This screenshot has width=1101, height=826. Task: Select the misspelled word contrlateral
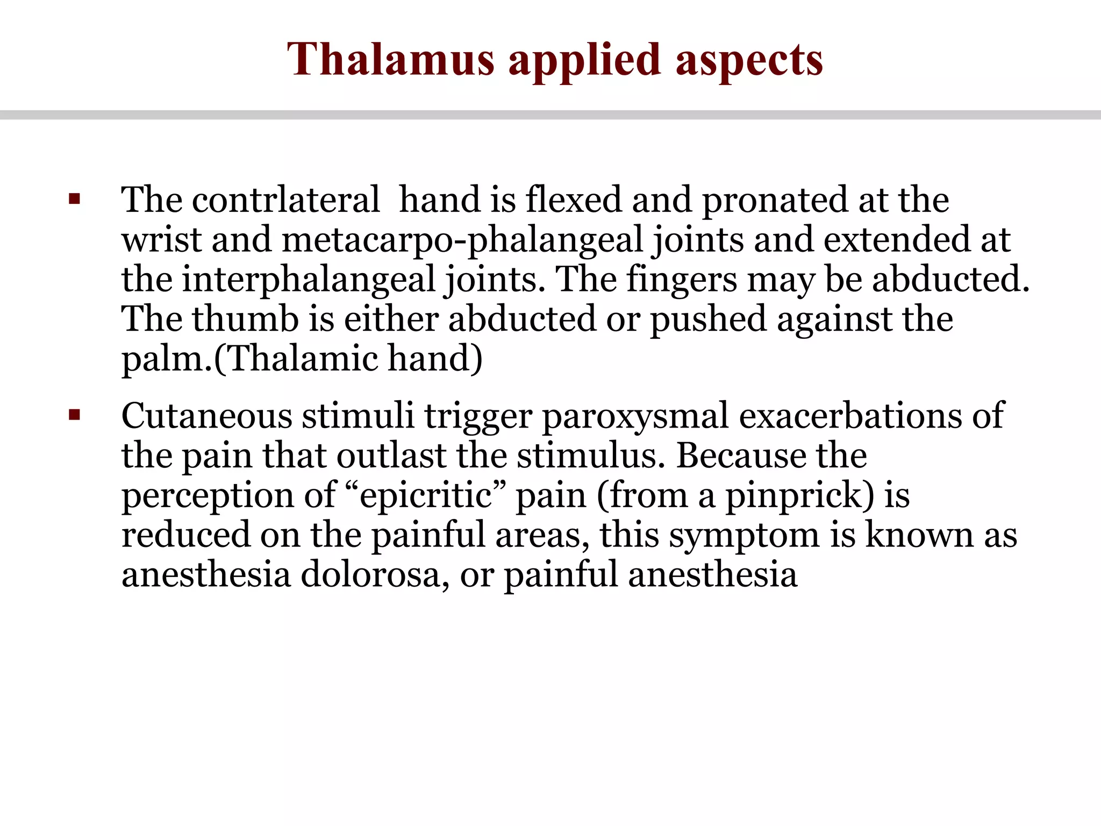coord(285,200)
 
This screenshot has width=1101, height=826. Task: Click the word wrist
coord(161,240)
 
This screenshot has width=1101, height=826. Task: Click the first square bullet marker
coord(74,200)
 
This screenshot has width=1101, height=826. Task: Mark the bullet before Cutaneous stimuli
coord(74,415)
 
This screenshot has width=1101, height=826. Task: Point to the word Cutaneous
coord(206,416)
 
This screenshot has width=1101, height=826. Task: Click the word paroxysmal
coord(634,416)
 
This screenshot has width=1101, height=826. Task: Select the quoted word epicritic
coord(426,495)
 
